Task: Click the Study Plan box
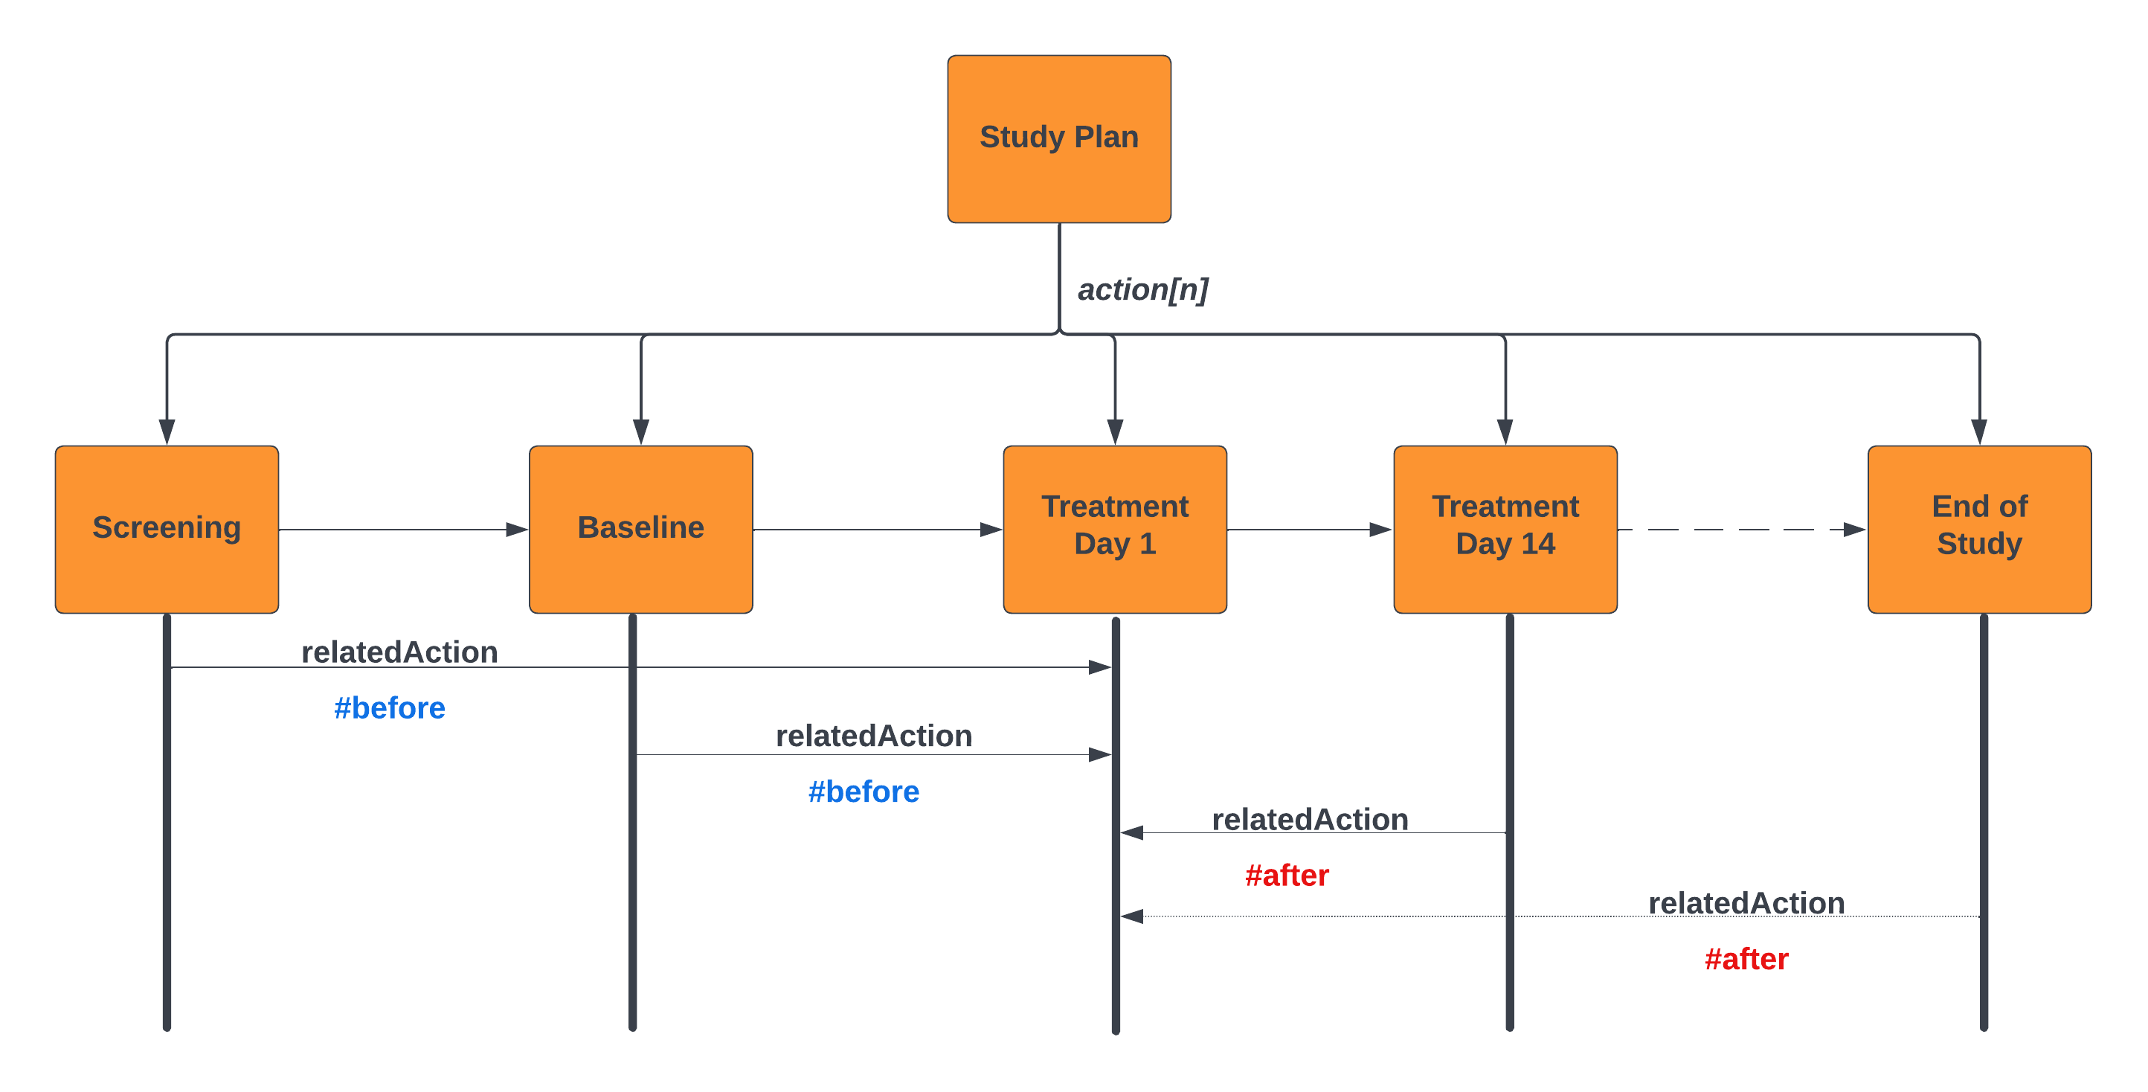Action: coord(1059,138)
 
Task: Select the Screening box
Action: coord(167,529)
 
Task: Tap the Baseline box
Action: coord(640,529)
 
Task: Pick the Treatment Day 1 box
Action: coord(1115,529)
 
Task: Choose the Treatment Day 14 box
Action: coord(1505,529)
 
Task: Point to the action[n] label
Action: coord(1142,289)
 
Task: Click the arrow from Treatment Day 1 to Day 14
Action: coord(1309,530)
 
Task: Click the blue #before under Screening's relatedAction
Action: coord(390,707)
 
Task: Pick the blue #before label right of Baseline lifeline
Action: coord(864,791)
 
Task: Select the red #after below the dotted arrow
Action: coord(1746,959)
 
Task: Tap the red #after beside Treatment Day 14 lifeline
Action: coord(1287,875)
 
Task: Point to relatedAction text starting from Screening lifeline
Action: coord(399,652)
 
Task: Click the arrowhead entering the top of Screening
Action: coord(167,432)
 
